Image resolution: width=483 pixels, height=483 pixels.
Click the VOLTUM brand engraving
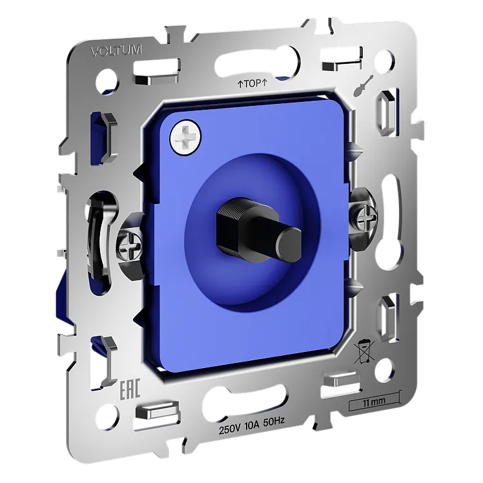[116, 51]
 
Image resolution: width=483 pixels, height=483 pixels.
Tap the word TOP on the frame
[252, 83]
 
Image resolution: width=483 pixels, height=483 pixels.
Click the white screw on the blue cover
[185, 136]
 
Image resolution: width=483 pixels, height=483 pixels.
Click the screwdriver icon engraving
[364, 86]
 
